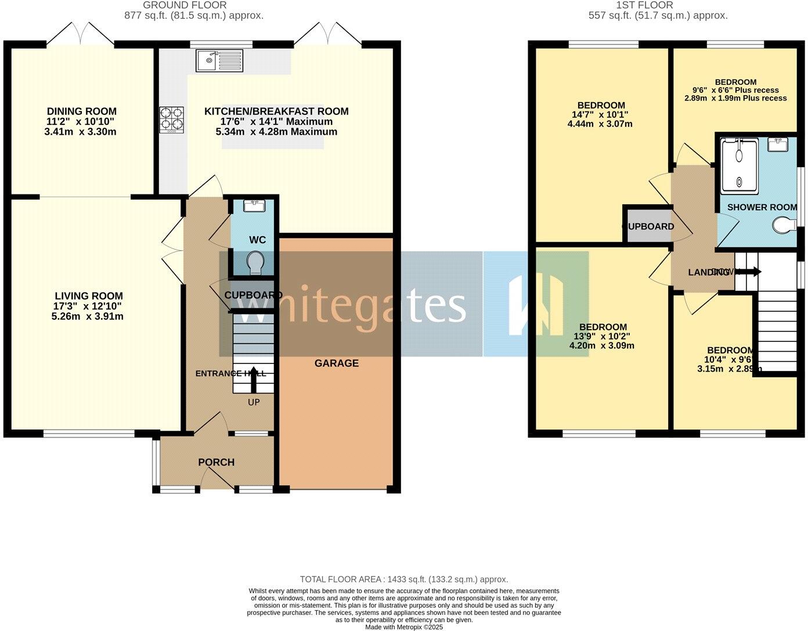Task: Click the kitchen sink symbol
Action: tap(220, 60)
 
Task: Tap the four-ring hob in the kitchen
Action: tap(172, 119)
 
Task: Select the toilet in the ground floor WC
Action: tap(255, 263)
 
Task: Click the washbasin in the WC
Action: tap(255, 205)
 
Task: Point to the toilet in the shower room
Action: tap(786, 224)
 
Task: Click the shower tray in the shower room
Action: tap(739, 166)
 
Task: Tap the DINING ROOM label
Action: tap(82, 111)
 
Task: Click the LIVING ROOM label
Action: tap(89, 296)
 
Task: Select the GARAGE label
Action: tap(337, 363)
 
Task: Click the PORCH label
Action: tap(217, 462)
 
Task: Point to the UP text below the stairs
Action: tap(254, 402)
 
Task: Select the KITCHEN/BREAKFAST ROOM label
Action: tap(276, 111)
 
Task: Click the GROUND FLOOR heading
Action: tap(193, 5)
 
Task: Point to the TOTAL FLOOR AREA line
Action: tap(403, 579)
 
